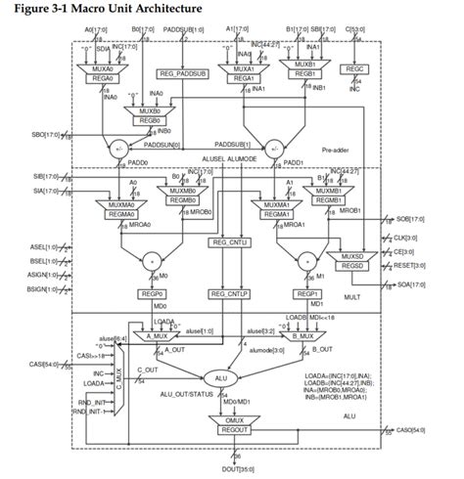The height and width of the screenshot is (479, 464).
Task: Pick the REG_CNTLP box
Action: tap(226, 291)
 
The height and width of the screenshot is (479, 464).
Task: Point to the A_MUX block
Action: tap(160, 335)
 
